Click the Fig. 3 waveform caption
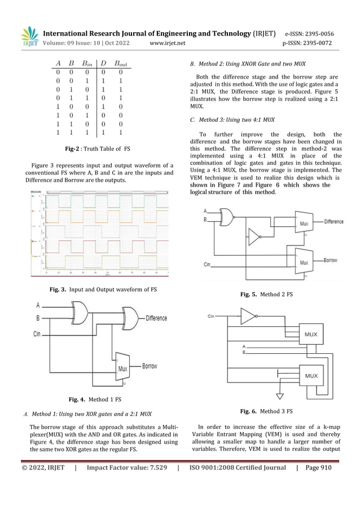tap(103, 289)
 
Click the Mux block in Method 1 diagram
tap(122, 370)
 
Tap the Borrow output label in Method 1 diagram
tap(150, 366)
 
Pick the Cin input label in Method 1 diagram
tap(37, 334)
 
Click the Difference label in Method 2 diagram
tap(333, 222)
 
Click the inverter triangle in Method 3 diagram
tap(248, 317)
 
